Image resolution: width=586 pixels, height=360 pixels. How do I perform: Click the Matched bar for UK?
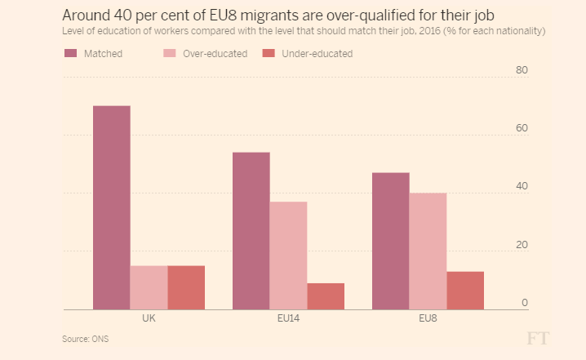[x=111, y=208]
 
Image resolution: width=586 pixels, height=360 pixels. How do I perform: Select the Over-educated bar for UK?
[x=149, y=287]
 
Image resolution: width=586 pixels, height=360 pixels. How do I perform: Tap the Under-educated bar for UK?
[x=186, y=287]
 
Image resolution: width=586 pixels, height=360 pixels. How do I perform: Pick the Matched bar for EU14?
[x=251, y=231]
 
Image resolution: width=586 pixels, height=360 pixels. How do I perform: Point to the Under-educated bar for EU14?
[x=326, y=296]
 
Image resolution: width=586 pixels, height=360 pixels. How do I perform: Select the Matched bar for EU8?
[x=390, y=241]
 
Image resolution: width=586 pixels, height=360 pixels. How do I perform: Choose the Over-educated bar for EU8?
[x=428, y=251]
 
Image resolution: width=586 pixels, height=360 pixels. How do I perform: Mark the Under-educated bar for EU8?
[x=465, y=291]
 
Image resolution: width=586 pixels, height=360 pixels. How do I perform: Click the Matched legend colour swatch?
[x=70, y=54]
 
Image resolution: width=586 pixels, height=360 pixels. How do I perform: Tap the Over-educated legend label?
[x=215, y=54]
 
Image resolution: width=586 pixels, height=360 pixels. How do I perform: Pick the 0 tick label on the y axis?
[x=525, y=303]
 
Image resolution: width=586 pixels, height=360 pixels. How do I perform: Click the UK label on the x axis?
[x=149, y=319]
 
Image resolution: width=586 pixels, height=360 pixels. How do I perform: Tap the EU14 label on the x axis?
[x=288, y=319]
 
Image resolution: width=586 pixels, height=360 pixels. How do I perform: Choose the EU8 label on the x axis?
[x=428, y=319]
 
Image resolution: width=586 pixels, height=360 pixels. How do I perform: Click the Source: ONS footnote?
[x=86, y=338]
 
